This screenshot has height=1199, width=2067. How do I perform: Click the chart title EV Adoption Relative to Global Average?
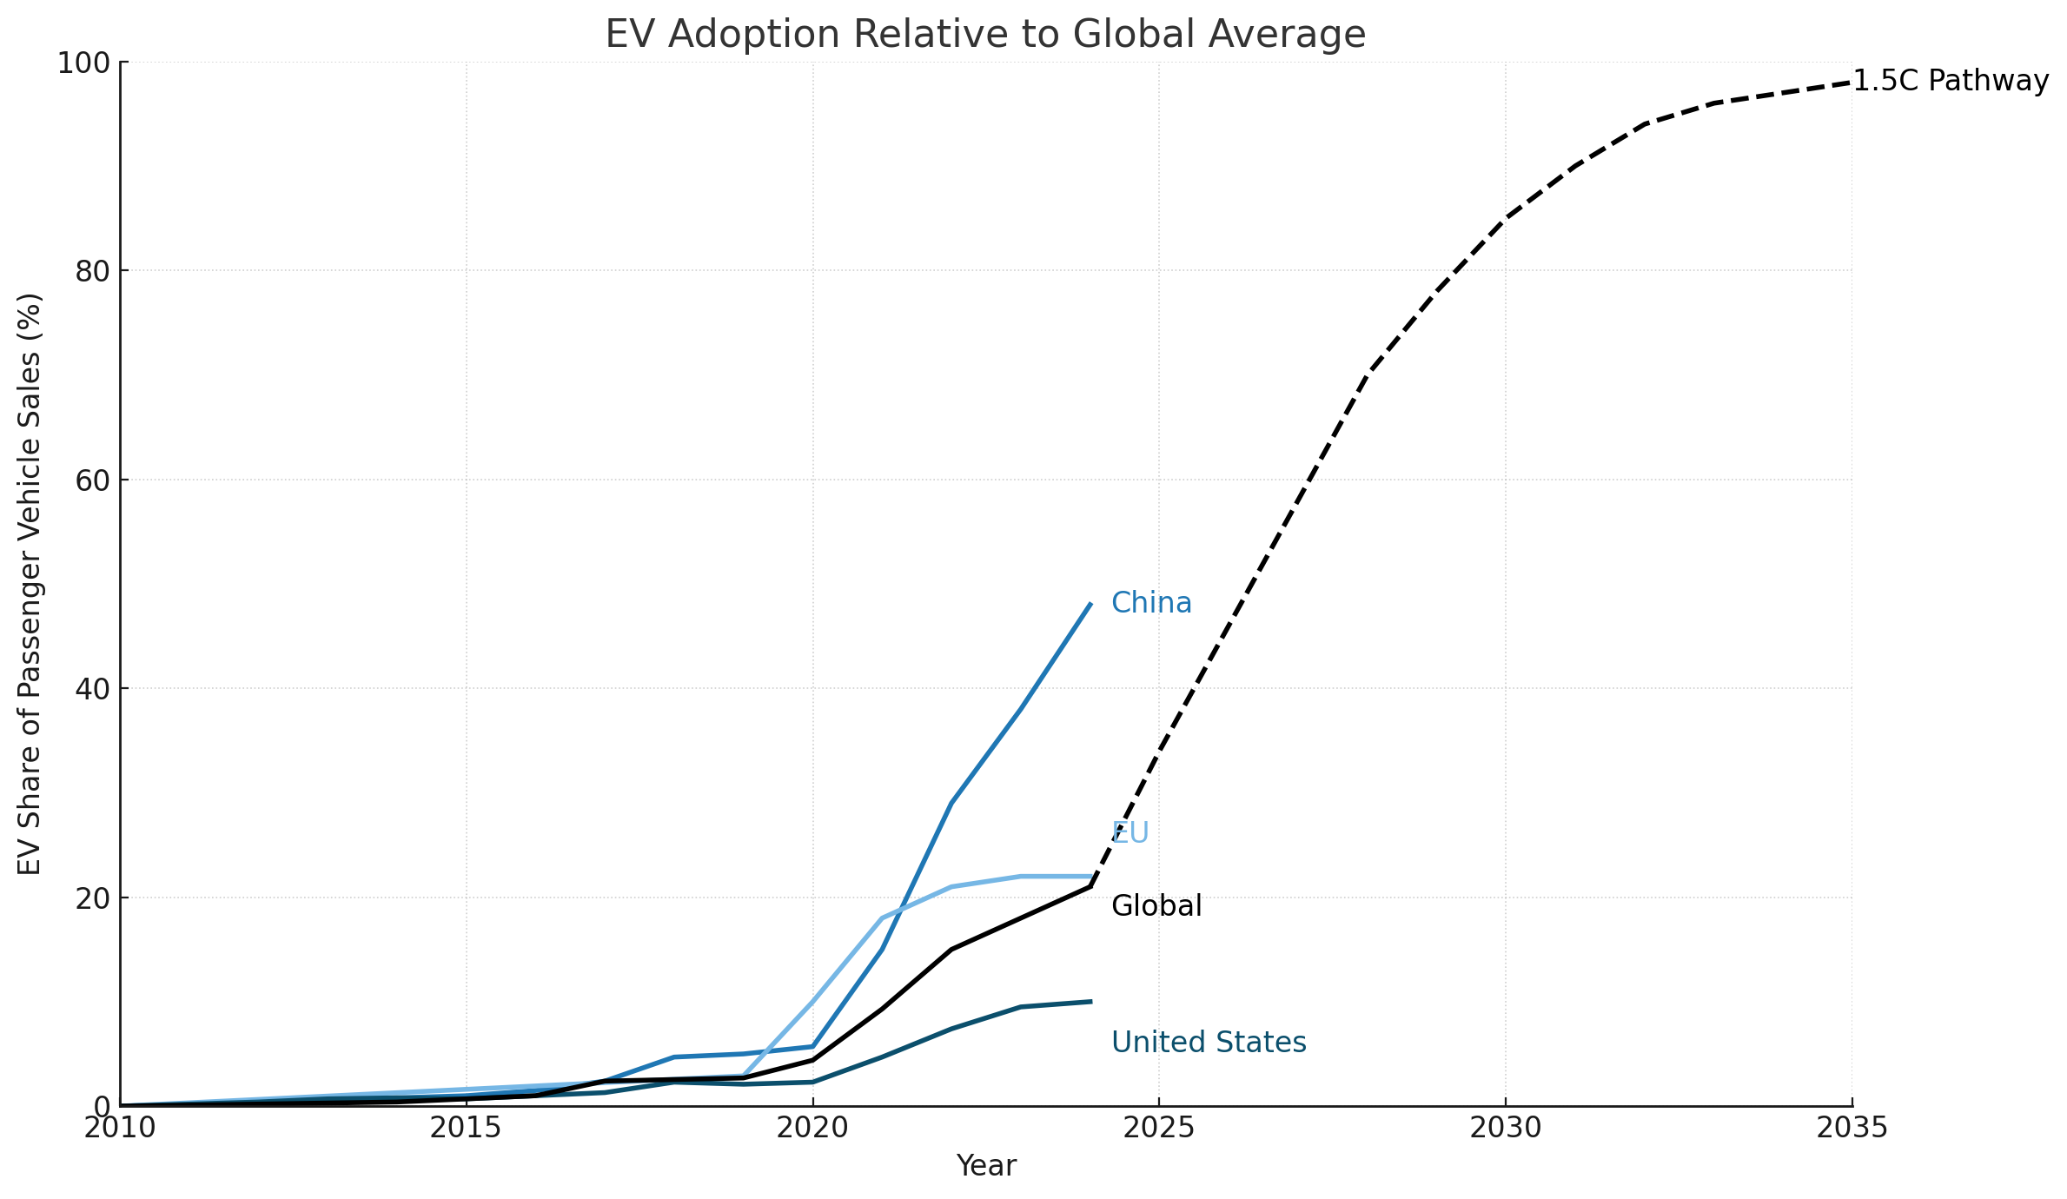pos(985,35)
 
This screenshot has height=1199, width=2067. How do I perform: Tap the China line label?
pos(1151,603)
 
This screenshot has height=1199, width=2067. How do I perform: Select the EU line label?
pos(1130,833)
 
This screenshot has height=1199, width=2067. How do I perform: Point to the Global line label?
pos(1156,906)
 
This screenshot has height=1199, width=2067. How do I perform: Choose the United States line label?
pos(1209,1042)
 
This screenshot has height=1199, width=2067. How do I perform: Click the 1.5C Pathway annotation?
pos(1951,81)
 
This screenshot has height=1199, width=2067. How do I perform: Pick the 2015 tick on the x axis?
pos(466,1128)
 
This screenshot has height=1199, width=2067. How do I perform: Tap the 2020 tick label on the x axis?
pos(812,1128)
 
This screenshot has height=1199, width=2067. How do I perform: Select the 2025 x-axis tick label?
pos(1158,1128)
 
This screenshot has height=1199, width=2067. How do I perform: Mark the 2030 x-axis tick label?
pos(1505,1128)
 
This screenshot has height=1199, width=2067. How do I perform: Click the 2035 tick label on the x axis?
pos(1852,1128)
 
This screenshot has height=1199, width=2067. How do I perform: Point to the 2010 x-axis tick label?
pos(120,1128)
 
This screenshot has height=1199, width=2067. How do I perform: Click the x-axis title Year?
pos(985,1166)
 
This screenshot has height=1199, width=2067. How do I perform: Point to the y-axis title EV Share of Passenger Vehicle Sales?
pos(30,584)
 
